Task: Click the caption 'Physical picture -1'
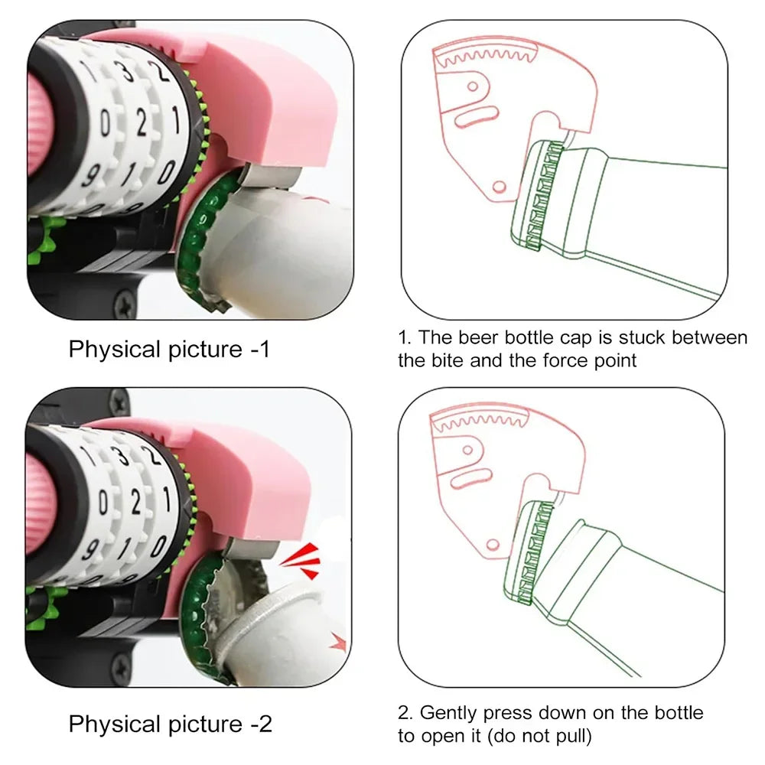click(169, 350)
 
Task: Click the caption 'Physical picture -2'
click(170, 724)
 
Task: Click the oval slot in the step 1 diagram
click(476, 117)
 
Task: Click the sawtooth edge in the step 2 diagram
click(480, 421)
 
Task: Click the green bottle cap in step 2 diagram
click(529, 553)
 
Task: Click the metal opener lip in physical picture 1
click(271, 177)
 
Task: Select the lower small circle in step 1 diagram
click(499, 187)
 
